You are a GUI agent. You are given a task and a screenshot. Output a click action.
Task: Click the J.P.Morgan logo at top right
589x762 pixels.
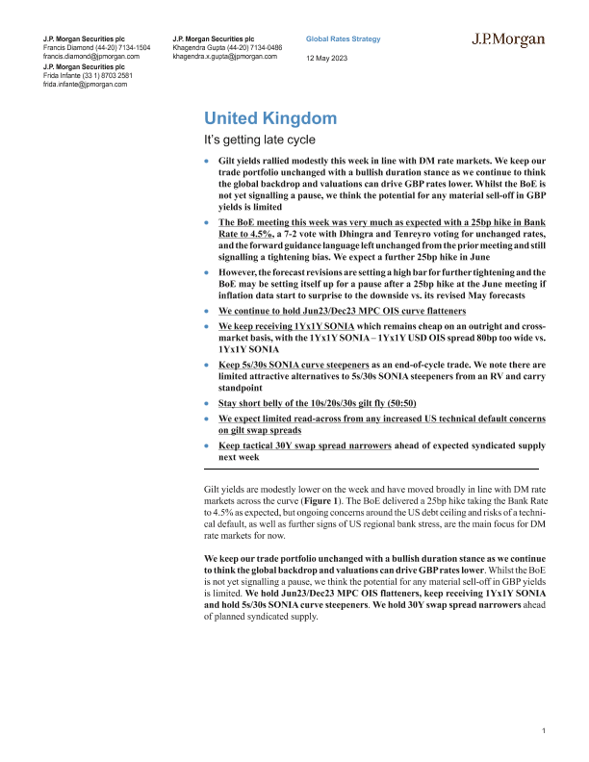(509, 40)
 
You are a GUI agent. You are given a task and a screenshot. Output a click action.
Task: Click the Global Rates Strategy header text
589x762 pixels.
(343, 39)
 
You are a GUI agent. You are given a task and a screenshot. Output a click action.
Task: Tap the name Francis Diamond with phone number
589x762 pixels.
(97, 47)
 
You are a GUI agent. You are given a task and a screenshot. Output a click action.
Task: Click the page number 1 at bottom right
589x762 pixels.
(544, 733)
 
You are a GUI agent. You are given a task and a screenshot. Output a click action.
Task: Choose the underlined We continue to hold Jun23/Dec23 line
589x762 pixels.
(342, 311)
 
